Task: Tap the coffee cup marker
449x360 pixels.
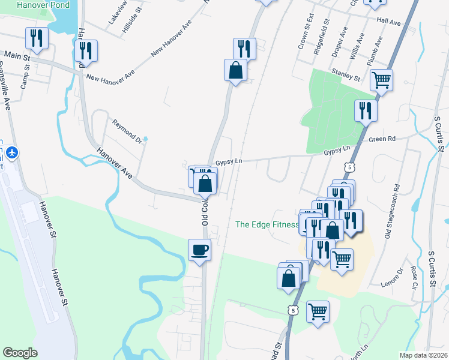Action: [x=199, y=250]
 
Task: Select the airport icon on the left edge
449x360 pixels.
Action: [x=11, y=152]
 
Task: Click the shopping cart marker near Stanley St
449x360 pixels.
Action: [x=381, y=80]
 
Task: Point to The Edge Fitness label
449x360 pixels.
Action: [x=267, y=224]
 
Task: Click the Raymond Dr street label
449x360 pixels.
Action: [x=126, y=131]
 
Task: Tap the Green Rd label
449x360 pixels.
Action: [x=382, y=139]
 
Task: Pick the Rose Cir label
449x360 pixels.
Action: [x=415, y=278]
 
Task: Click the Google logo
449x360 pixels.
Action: [x=20, y=353]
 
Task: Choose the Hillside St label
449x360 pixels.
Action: [x=131, y=19]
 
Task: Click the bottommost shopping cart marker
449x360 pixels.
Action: [x=318, y=311]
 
